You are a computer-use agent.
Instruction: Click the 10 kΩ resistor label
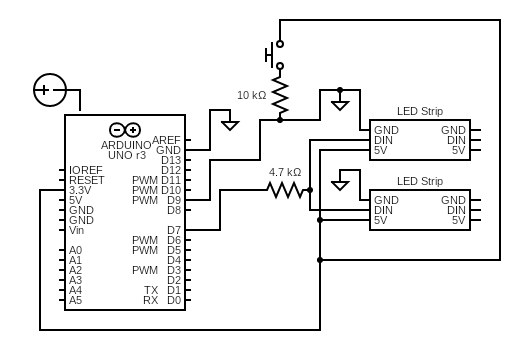pyautogui.click(x=251, y=96)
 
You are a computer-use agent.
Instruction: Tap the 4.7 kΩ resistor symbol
pyautogui.click(x=285, y=190)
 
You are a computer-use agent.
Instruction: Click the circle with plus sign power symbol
pyautogui.click(x=48, y=90)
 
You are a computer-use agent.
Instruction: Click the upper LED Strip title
pyautogui.click(x=419, y=111)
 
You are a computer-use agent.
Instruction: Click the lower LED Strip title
pyautogui.click(x=419, y=181)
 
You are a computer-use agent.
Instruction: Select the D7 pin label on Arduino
pyautogui.click(x=173, y=230)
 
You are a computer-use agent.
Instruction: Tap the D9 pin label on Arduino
pyautogui.click(x=173, y=200)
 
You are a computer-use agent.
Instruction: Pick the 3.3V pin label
pyautogui.click(x=81, y=190)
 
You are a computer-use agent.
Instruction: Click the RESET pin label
pyautogui.click(x=87, y=180)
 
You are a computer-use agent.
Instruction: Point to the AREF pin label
pyautogui.click(x=167, y=140)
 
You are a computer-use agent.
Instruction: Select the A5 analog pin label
pyautogui.click(x=76, y=300)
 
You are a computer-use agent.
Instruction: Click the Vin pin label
pyautogui.click(x=77, y=230)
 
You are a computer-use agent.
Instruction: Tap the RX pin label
pyautogui.click(x=150, y=300)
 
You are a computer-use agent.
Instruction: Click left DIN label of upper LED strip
pyautogui.click(x=383, y=140)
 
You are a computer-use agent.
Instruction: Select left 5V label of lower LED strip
pyautogui.click(x=381, y=220)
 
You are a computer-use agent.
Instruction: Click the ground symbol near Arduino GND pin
pyautogui.click(x=230, y=125)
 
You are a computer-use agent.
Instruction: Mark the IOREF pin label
pyautogui.click(x=86, y=170)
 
